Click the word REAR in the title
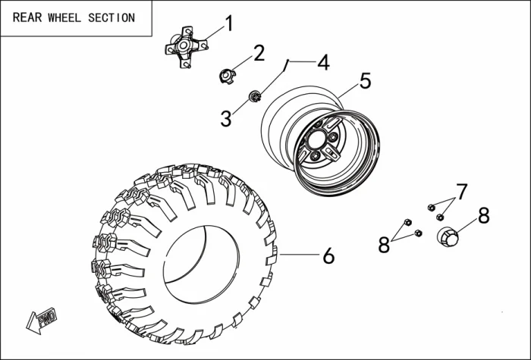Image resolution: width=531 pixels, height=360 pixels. tap(27, 17)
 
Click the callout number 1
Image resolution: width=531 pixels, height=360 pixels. tap(229, 24)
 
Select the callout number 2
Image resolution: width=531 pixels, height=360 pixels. tap(259, 53)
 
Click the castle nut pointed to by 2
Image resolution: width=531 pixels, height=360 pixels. tap(225, 75)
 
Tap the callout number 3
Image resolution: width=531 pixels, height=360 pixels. tap(226, 117)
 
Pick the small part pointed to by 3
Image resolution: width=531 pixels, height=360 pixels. tap(256, 96)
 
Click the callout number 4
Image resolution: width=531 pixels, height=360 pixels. tap(324, 62)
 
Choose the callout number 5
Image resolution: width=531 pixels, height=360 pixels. tap(365, 81)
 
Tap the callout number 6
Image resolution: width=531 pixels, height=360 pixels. tap(328, 256)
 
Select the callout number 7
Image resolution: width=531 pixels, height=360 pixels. tap(461, 191)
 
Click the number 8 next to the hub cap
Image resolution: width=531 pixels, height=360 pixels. tap(483, 216)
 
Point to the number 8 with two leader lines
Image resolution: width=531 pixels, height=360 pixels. tap(385, 245)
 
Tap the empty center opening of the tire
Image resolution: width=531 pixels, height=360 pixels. tap(199, 265)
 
